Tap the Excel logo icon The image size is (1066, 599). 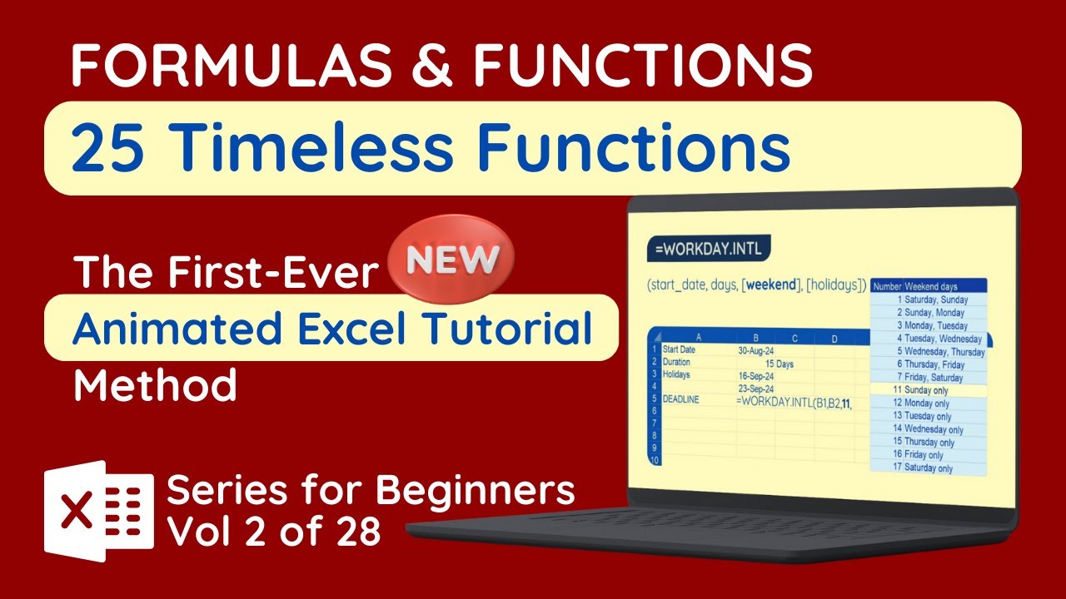point(99,510)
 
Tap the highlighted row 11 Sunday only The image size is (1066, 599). point(928,389)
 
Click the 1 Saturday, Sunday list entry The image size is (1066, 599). point(930,299)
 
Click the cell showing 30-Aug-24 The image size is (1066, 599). point(755,351)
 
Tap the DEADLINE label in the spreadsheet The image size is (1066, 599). point(680,400)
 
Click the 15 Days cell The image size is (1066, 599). point(779,364)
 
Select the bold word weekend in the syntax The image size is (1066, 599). point(772,285)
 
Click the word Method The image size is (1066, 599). point(156,386)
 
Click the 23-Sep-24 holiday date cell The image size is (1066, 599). point(755,389)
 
